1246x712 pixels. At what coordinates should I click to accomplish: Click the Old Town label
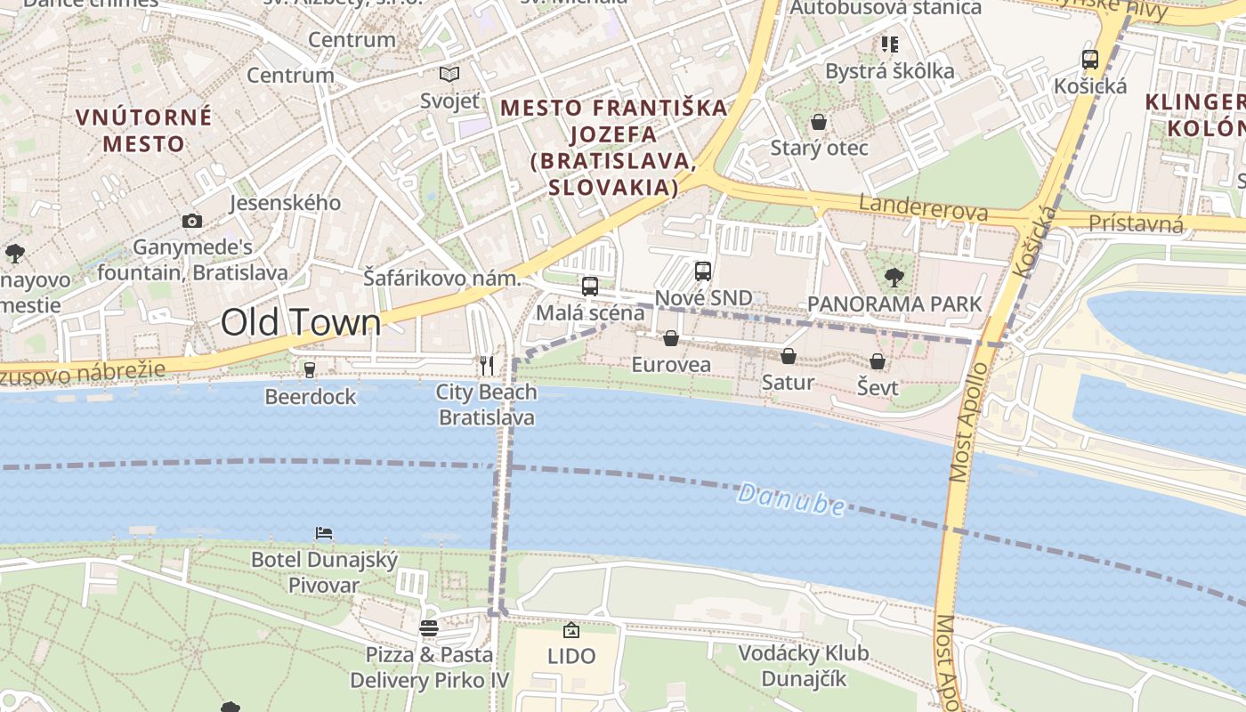pos(301,322)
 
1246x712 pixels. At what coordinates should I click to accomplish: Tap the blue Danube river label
pos(791,499)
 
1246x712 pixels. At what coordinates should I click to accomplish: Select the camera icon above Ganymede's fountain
pos(191,221)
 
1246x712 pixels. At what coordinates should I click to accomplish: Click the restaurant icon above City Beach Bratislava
pos(487,365)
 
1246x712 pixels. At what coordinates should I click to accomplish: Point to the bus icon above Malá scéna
pos(589,286)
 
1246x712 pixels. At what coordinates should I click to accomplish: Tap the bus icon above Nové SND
pos(703,271)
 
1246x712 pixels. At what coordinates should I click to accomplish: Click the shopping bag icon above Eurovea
pos(671,338)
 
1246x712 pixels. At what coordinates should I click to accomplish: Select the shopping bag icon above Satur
pos(788,356)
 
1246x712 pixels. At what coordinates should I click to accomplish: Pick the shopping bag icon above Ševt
pos(878,361)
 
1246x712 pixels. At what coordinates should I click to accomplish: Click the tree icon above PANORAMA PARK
pos(894,277)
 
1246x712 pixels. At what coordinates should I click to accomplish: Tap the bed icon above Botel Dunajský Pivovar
pos(324,533)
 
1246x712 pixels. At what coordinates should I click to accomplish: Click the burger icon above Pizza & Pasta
pos(429,628)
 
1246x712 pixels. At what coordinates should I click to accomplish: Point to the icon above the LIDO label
pos(571,630)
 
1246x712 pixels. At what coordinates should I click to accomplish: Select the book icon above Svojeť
pos(449,74)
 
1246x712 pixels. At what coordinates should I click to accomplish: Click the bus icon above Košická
pos(1090,60)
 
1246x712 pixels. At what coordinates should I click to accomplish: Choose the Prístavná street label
pos(1137,222)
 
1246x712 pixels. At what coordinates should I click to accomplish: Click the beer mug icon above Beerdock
pos(310,369)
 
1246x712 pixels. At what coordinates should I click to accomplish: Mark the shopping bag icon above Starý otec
pos(818,121)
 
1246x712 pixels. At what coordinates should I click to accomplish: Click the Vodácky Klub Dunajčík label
pos(803,666)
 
